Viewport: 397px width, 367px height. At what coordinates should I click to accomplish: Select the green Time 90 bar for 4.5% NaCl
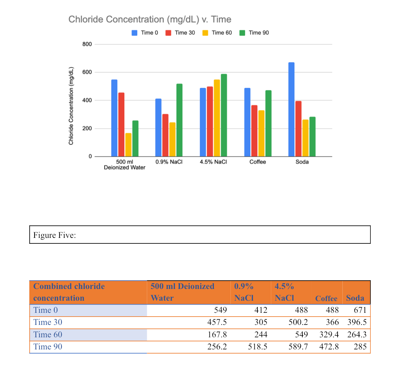pos(224,115)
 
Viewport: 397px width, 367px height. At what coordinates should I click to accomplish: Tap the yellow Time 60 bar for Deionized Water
pos(128,145)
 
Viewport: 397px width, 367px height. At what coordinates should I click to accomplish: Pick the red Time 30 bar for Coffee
pos(254,131)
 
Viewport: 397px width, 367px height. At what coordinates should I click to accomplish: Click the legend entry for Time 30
pos(181,33)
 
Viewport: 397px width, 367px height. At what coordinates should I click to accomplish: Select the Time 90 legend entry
pos(255,33)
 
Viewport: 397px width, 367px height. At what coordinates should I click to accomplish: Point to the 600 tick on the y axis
pos(87,73)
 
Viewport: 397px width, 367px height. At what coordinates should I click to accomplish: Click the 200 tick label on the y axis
pos(87,129)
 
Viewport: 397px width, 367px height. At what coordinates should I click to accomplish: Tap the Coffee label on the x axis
pos(258,162)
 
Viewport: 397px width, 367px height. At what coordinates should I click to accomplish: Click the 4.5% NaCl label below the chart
pos(213,162)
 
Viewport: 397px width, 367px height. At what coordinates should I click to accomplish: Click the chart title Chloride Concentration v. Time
pos(150,19)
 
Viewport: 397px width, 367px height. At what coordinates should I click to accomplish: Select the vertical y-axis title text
pos(71,106)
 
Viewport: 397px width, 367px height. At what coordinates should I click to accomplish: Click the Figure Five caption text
pos(55,235)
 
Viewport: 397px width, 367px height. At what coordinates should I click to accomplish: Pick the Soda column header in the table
pos(355,298)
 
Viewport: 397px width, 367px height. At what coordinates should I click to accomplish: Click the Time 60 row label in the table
pos(48,335)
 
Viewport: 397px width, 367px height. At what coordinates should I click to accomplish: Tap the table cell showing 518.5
pos(257,347)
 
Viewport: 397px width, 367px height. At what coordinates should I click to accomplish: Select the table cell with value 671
pos(360,310)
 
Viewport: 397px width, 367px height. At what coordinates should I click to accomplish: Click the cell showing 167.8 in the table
pos(217,335)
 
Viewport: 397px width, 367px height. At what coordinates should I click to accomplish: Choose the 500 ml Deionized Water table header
pos(182,292)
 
